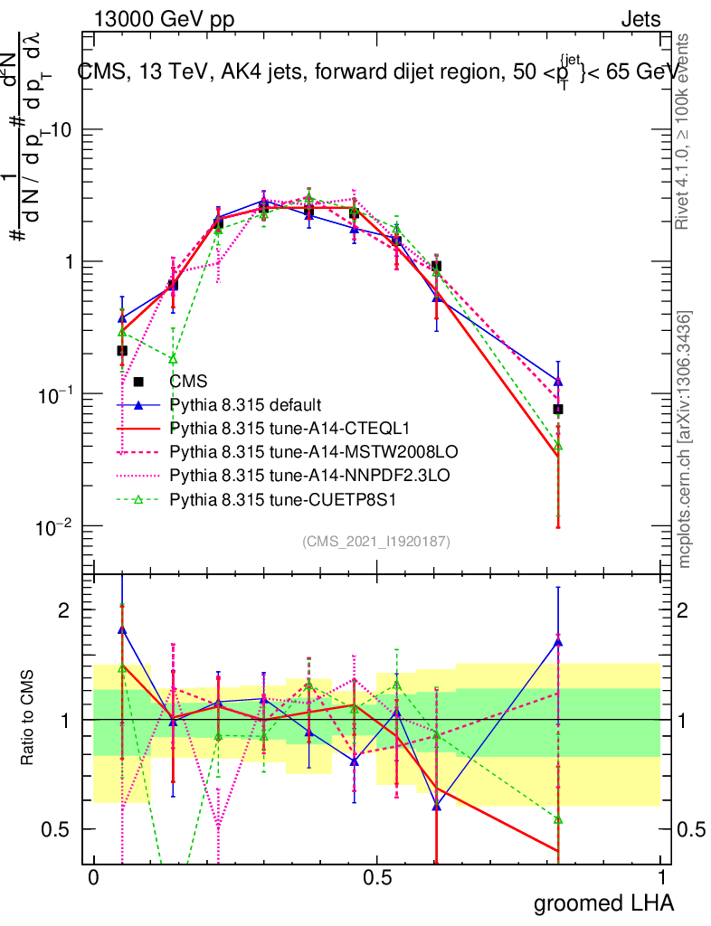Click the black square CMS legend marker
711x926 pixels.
[x=138, y=382]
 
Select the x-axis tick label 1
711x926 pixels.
[x=660, y=878]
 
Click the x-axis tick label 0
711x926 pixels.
[x=93, y=878]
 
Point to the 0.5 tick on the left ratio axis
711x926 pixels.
[x=60, y=829]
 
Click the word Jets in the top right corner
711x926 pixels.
[x=640, y=19]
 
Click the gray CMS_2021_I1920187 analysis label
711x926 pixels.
[x=376, y=541]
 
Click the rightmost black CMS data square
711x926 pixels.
[x=558, y=409]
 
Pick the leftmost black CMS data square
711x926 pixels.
[x=122, y=350]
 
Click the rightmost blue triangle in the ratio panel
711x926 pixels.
[x=558, y=642]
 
